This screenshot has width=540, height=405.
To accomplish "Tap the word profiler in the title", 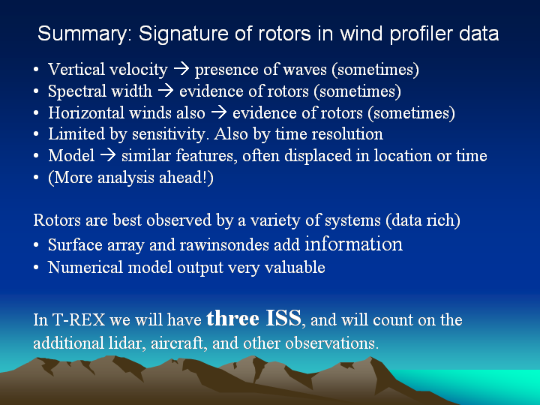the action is [x=421, y=34].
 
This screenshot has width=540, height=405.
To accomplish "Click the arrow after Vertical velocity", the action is [x=181, y=69].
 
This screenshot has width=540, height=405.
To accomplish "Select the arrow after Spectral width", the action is [x=166, y=91].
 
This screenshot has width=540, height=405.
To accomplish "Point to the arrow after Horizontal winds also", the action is [x=219, y=112].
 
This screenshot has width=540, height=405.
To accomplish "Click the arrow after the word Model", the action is [x=108, y=155].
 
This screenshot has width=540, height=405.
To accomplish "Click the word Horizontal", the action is [x=86, y=112].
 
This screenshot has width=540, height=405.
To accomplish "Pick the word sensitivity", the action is [x=169, y=134].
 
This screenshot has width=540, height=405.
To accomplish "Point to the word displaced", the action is [x=317, y=156].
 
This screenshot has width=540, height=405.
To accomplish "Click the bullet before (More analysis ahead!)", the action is [x=36, y=178].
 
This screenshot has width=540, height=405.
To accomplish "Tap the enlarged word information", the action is [x=354, y=244].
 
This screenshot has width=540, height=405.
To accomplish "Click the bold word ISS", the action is [x=283, y=318].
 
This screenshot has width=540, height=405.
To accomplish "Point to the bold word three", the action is [x=232, y=318].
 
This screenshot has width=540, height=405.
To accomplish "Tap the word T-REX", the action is [x=79, y=319].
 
